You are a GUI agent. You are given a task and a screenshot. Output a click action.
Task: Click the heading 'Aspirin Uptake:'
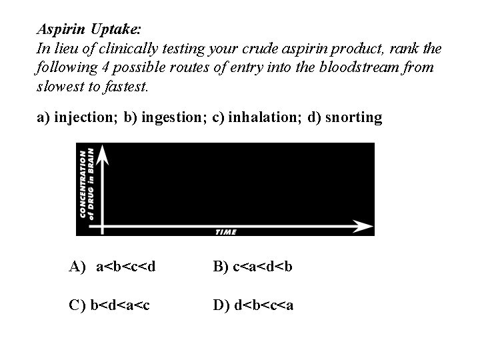click(x=89, y=30)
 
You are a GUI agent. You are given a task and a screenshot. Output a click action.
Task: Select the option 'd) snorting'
click(x=345, y=118)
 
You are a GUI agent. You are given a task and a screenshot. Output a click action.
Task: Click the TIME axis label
click(x=226, y=232)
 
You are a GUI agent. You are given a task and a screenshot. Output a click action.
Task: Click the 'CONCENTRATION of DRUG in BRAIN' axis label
click(x=87, y=183)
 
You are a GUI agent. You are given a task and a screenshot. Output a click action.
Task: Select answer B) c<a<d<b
click(x=253, y=267)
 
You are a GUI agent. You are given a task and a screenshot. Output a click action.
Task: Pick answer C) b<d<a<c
click(x=109, y=305)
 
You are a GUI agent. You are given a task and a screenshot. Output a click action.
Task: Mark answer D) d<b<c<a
click(x=253, y=305)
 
